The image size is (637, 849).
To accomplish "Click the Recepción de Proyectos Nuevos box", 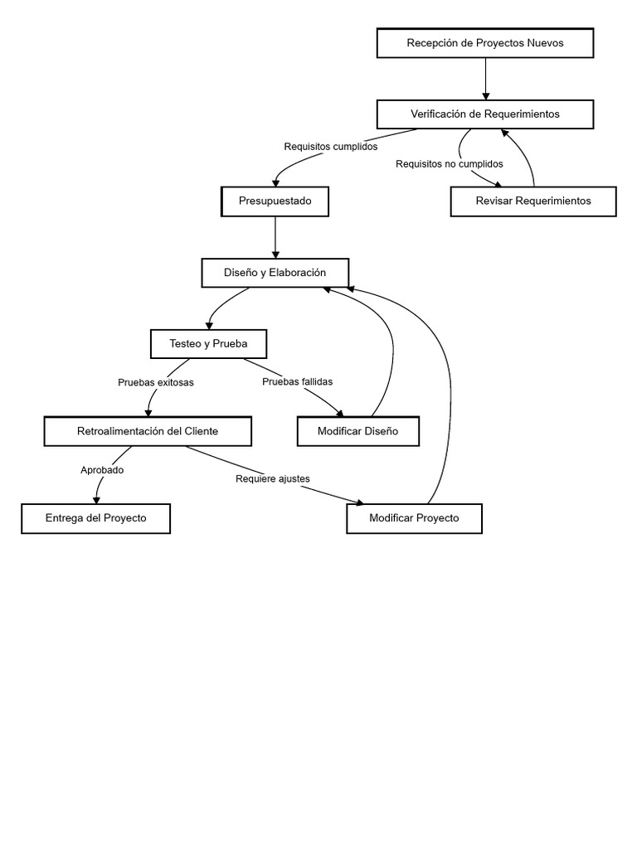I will (x=485, y=43).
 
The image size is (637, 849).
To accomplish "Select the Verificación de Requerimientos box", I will (x=485, y=114).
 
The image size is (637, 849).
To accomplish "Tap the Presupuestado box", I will (x=275, y=201).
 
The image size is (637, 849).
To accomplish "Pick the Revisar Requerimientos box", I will (x=533, y=201).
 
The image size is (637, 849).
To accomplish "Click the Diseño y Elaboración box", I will (x=275, y=273).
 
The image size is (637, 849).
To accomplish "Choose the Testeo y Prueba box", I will (x=208, y=343).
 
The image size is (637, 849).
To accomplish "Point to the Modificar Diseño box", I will (x=357, y=431).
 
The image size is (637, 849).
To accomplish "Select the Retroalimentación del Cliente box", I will (x=148, y=431).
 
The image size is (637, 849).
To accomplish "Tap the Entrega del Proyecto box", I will (x=96, y=518).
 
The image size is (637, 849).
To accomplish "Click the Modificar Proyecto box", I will (x=414, y=519).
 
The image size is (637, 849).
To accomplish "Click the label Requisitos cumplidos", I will (x=331, y=147).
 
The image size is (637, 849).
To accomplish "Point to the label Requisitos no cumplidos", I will (x=450, y=164).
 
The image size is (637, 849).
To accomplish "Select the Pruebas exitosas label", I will (x=156, y=383).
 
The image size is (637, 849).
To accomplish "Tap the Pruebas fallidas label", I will (x=297, y=382).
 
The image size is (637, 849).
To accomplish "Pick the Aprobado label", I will (x=102, y=470).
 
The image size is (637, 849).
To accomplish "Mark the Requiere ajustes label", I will (x=273, y=479).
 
